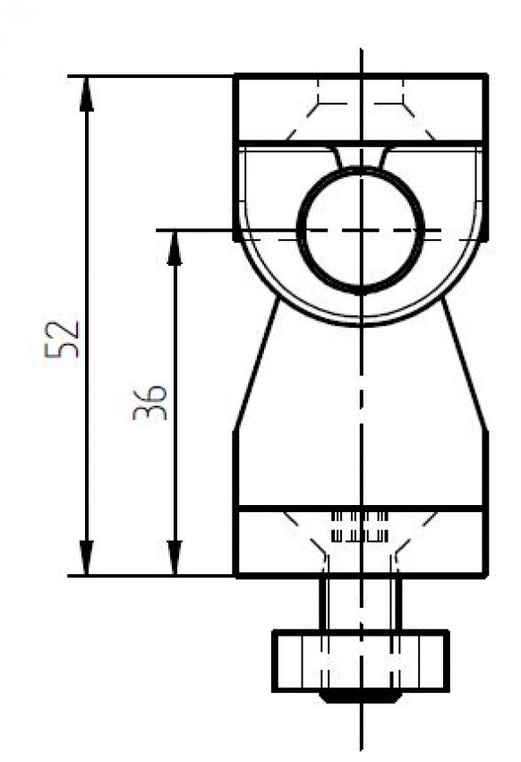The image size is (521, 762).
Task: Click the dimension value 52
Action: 64,338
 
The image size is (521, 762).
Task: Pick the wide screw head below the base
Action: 360,661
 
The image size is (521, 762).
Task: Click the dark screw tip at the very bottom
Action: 360,696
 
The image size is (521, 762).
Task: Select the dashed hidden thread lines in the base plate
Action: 360,527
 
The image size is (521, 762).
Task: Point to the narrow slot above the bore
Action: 360,156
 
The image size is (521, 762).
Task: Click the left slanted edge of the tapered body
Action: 256,367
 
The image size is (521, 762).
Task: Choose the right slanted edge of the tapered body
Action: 465,367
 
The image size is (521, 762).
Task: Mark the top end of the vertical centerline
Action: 361,50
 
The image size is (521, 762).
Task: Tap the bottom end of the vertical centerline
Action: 361,748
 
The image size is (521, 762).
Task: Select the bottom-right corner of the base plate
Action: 486,575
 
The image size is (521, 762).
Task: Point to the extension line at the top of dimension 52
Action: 152,76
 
